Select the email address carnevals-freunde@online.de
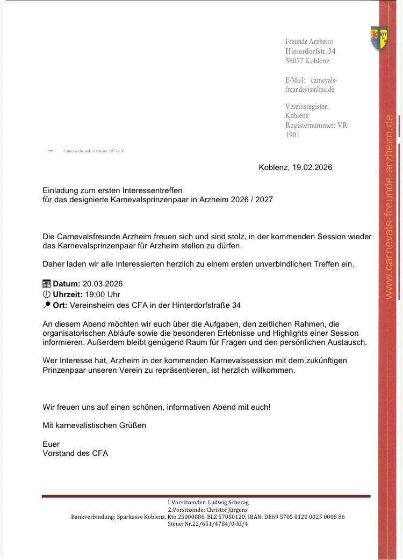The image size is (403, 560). click(312, 85)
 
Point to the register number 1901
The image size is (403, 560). click(292, 135)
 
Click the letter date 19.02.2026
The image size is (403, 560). click(312, 167)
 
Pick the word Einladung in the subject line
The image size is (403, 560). click(60, 190)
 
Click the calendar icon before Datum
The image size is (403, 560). click(46, 284)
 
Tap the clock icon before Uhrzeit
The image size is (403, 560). click(46, 294)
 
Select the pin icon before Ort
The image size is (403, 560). click(46, 305)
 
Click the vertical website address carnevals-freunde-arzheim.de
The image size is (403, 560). click(389, 207)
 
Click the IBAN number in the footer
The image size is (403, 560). click(304, 517)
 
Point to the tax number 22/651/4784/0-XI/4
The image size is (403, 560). click(217, 524)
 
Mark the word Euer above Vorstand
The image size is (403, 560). click(51, 444)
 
